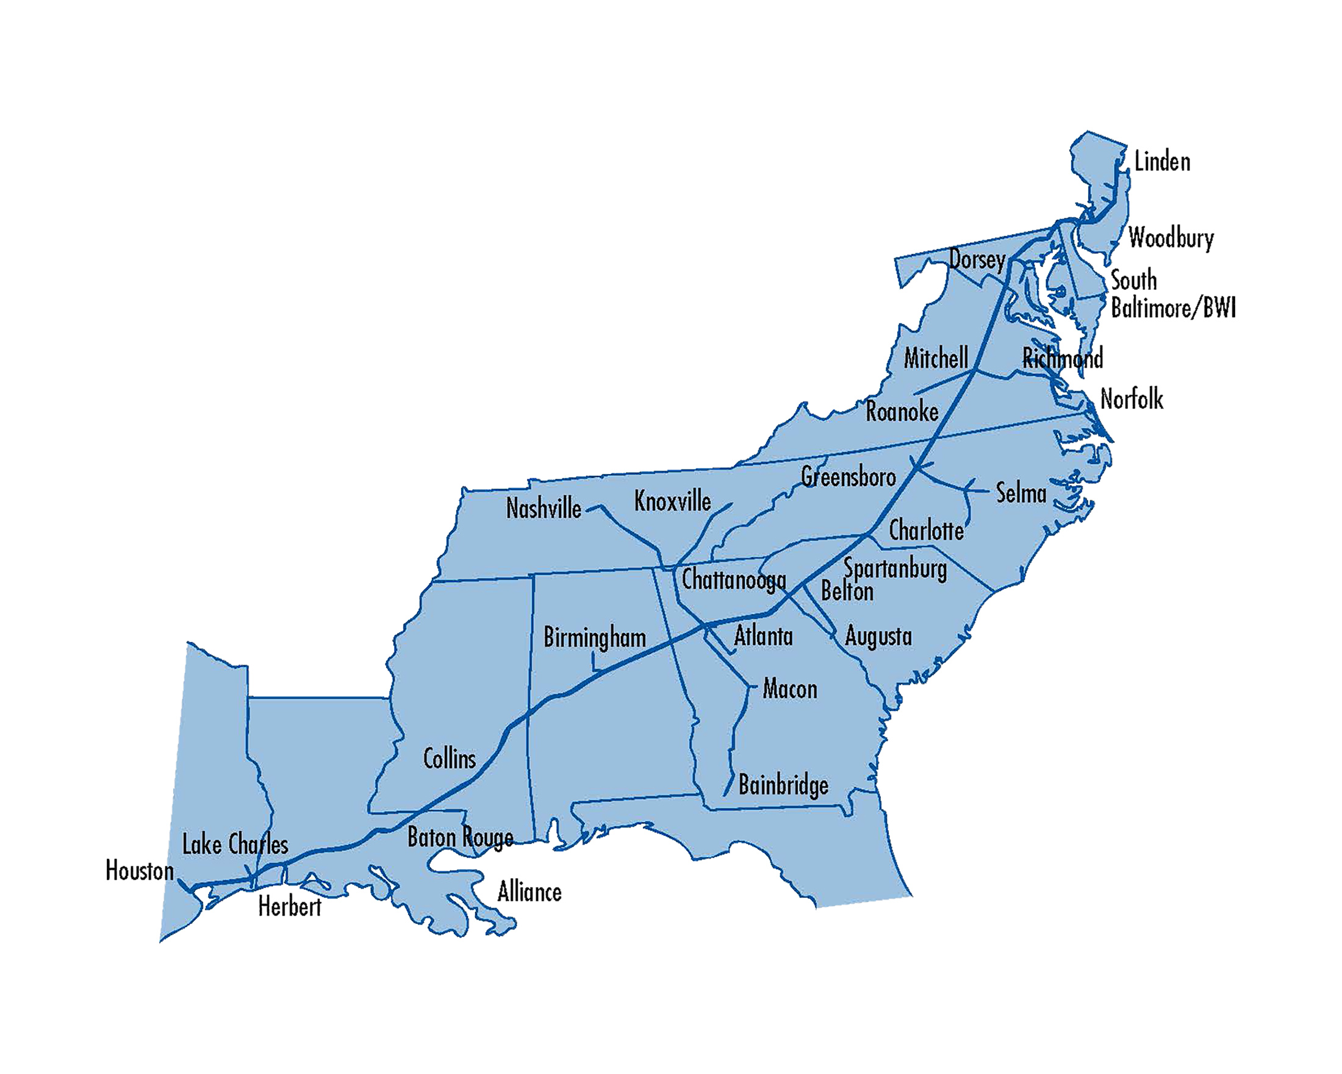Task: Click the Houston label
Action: [140, 870]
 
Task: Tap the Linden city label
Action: [1162, 162]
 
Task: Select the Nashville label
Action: [544, 509]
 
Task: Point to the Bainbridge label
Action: [783, 786]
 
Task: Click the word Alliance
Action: [529, 892]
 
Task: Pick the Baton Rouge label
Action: [460, 838]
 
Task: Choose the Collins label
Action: [449, 759]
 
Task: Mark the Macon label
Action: [790, 689]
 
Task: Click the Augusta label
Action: [878, 637]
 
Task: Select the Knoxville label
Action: [672, 501]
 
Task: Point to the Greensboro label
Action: [849, 477]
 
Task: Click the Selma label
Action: [1021, 493]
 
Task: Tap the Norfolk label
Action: [1132, 399]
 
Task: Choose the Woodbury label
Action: [1171, 239]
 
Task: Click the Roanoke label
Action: [902, 411]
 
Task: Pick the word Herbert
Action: [289, 907]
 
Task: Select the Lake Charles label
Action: [235, 845]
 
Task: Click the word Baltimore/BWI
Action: [1173, 308]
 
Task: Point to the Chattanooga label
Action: [734, 580]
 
